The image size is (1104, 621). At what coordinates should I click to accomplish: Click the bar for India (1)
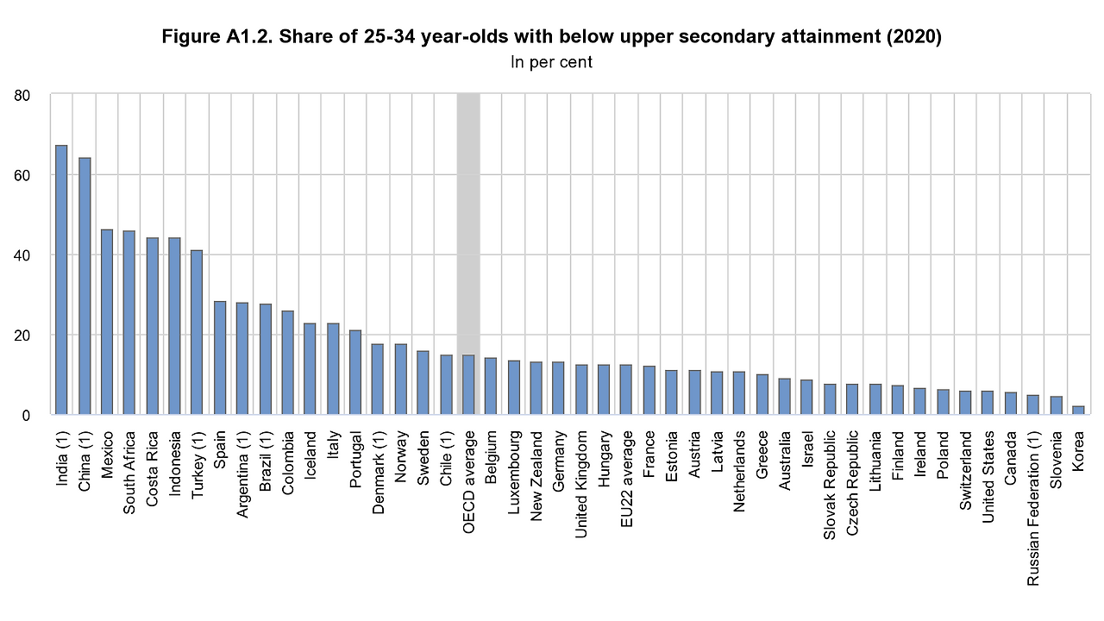(x=61, y=280)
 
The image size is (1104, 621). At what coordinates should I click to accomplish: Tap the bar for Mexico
(x=107, y=322)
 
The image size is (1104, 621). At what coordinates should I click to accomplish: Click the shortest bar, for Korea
(x=1077, y=411)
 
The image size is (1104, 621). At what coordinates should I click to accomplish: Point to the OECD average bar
(x=467, y=385)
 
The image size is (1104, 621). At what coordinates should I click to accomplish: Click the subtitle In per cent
(x=552, y=62)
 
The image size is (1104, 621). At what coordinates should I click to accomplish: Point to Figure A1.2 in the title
(x=210, y=38)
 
